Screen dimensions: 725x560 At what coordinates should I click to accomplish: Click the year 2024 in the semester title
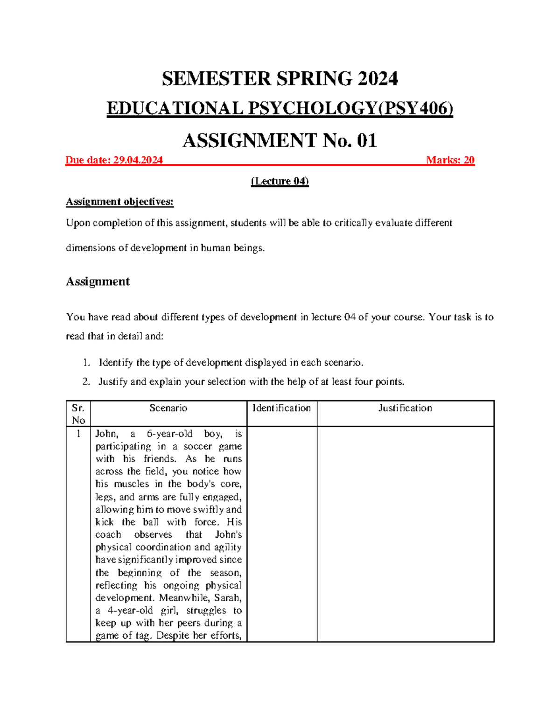point(378,78)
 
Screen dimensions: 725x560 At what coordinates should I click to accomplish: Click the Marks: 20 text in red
point(450,160)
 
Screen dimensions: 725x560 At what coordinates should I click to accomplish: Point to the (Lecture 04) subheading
point(280,181)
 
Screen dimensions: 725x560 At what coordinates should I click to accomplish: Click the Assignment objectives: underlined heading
point(119,202)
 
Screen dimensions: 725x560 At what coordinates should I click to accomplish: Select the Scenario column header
point(168,408)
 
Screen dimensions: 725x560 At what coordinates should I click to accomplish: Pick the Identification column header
point(281,408)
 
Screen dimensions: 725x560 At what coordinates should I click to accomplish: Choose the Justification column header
point(405,408)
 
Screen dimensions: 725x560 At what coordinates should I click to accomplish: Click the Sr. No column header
point(78,414)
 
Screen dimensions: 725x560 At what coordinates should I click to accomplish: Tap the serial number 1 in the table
point(78,434)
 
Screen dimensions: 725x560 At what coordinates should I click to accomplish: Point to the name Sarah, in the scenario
point(227,598)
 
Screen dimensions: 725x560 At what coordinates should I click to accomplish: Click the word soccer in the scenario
point(198,446)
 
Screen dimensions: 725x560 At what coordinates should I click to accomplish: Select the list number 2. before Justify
point(86,382)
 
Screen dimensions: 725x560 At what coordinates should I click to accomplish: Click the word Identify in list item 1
point(115,363)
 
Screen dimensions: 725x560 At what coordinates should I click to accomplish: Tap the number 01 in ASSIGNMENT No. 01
point(367,141)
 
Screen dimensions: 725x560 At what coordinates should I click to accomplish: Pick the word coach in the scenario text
point(108,535)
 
